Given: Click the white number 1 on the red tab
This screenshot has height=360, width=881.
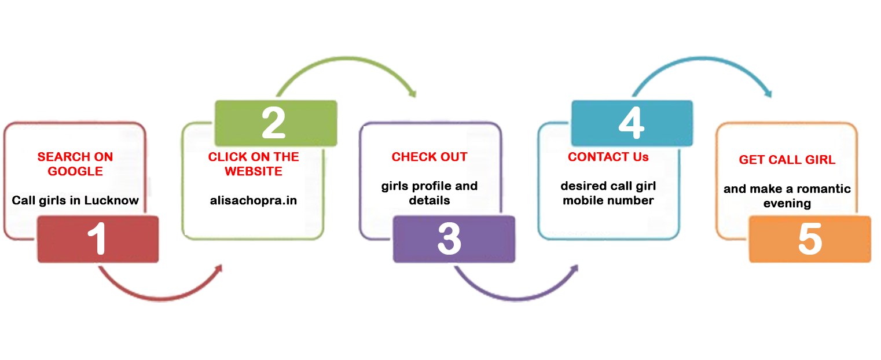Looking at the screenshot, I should (x=99, y=239).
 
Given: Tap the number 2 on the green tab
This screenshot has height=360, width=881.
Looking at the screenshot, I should (x=274, y=123).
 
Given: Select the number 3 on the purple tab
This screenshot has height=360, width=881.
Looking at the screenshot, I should (x=450, y=239).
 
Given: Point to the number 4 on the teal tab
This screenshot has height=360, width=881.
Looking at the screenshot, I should (x=632, y=123).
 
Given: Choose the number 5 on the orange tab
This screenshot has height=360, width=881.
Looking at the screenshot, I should (x=810, y=240).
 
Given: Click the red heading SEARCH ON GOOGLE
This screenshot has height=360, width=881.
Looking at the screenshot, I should (x=75, y=164).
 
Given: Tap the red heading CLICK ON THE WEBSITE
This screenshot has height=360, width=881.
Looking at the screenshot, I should (x=254, y=164).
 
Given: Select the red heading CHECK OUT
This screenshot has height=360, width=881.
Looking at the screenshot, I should (x=430, y=157).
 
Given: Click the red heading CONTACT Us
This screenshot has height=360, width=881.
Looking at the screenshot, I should (x=608, y=157).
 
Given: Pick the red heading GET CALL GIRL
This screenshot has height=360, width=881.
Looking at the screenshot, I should (x=787, y=160).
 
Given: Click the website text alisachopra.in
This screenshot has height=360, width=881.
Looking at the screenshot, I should (x=254, y=200).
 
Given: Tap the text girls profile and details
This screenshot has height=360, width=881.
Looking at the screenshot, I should (x=430, y=193).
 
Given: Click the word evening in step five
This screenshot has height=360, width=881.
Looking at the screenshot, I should (x=787, y=203).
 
